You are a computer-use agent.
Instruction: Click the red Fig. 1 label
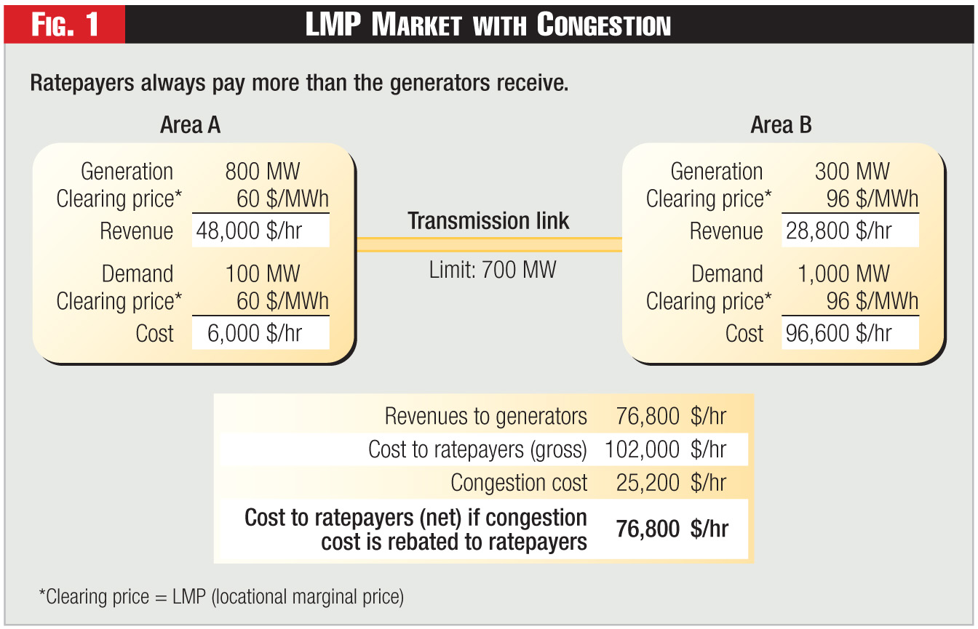(65, 24)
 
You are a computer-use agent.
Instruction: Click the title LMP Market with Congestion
(488, 25)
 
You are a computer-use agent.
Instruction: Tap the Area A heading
(190, 125)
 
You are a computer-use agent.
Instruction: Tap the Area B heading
(781, 125)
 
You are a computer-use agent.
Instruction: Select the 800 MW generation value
(262, 172)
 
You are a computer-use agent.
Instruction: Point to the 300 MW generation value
(852, 172)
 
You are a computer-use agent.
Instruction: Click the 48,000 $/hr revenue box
(261, 231)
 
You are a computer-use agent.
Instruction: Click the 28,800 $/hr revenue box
(849, 231)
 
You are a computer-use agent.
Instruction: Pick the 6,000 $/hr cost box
(261, 333)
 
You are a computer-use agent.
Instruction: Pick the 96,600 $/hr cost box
(849, 333)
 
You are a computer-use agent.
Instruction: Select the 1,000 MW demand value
(843, 273)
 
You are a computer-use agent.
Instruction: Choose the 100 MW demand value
(262, 273)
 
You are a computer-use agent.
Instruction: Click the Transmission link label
(488, 221)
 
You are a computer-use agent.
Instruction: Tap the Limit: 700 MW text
(493, 271)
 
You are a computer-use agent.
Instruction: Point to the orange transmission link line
(488, 244)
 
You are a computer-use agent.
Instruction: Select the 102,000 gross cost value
(642, 449)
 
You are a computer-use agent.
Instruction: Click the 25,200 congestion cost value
(648, 483)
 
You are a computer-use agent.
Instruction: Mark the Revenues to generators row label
(485, 416)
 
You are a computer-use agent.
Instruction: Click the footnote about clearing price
(221, 597)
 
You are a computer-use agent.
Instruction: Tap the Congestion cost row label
(519, 483)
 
